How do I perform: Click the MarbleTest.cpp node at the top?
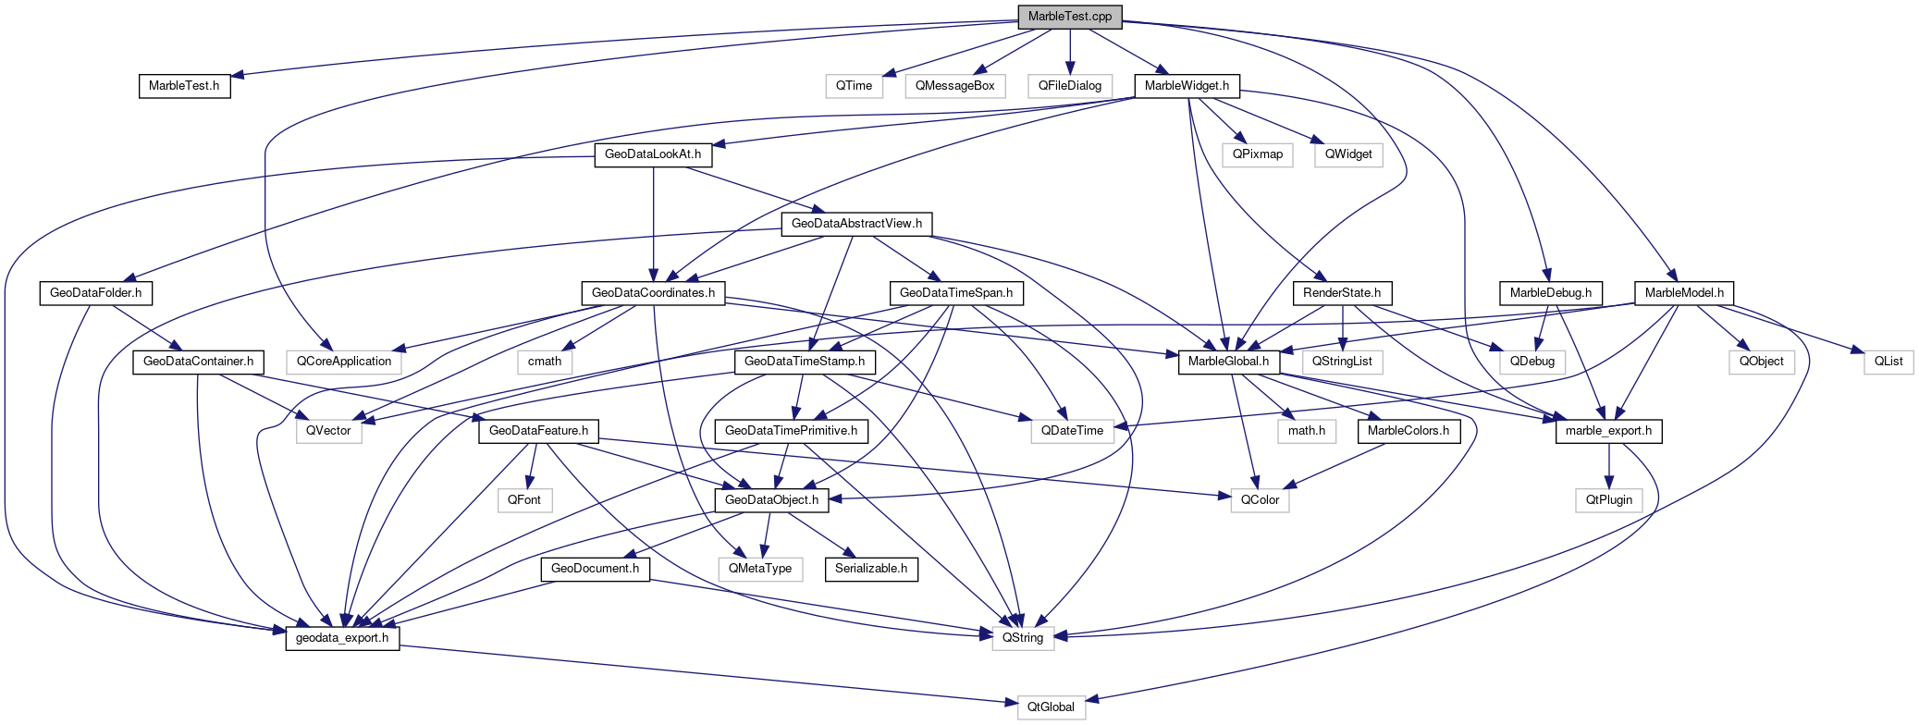tap(1069, 17)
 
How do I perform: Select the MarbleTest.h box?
tap(184, 86)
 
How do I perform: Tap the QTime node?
tap(854, 86)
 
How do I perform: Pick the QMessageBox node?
tap(954, 86)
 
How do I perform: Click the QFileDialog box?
tap(1069, 86)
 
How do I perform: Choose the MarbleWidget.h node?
tap(1187, 86)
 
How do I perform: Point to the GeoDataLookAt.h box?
tap(653, 154)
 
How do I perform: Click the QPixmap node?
tap(1257, 154)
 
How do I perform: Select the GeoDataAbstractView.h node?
tap(856, 224)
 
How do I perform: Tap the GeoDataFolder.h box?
tap(95, 293)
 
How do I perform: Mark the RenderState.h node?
tap(1341, 293)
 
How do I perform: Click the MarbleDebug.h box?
tap(1550, 293)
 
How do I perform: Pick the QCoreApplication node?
tap(343, 362)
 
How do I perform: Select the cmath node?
tap(544, 362)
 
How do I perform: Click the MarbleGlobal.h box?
tap(1228, 362)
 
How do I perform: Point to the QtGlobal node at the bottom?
tap(1051, 707)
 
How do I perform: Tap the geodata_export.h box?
tap(342, 638)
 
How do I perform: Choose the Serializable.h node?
tap(870, 569)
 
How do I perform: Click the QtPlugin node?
tap(1609, 500)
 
